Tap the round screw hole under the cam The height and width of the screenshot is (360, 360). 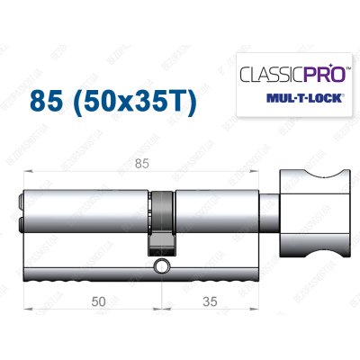[x=161, y=266]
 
